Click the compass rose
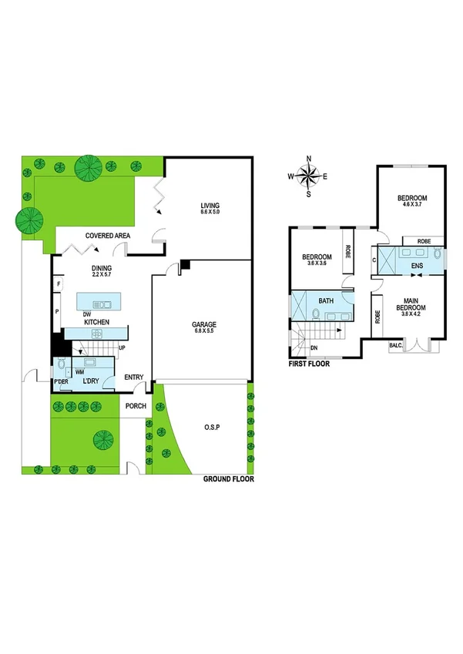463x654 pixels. coord(308,176)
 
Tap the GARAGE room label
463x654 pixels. coord(204,325)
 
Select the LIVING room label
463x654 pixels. coord(210,206)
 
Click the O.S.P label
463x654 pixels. coord(212,427)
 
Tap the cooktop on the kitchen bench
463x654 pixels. coord(97,333)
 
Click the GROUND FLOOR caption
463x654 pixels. coord(228,478)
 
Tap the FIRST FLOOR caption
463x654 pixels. coord(309,364)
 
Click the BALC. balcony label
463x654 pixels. coord(396,346)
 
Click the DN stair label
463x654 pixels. coord(314,348)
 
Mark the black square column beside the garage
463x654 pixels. coord(184,265)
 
